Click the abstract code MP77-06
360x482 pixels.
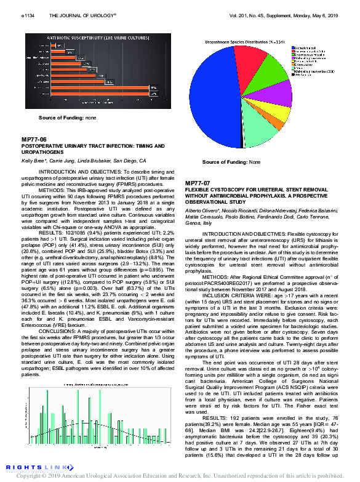[x=34, y=140]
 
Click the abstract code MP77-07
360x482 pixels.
[x=198, y=183]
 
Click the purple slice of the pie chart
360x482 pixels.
[x=279, y=92]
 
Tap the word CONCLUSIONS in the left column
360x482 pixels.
[x=59, y=330]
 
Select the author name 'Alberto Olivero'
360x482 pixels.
[x=202, y=211]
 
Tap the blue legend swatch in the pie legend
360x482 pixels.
[x=292, y=47]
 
